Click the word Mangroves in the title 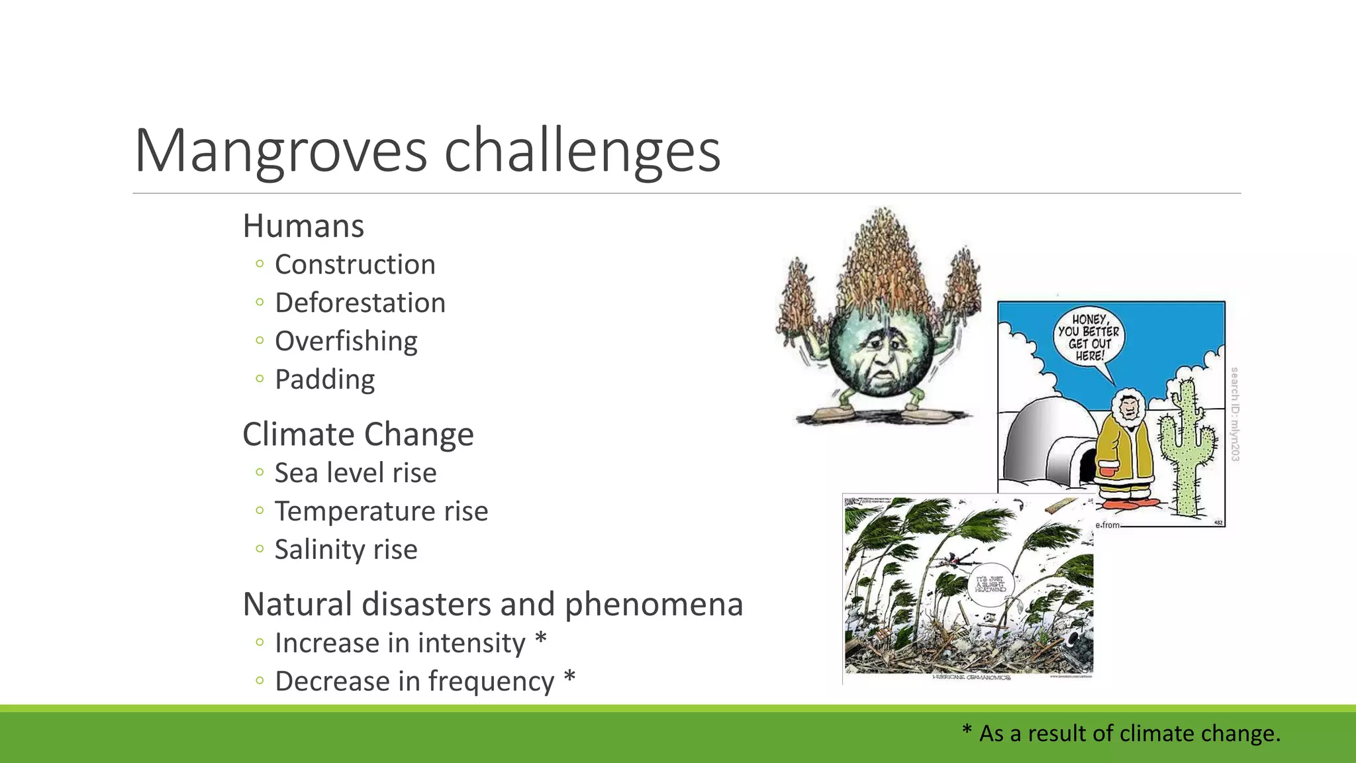click(281, 151)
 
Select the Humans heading click(303, 226)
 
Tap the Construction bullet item click(355, 264)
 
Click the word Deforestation click(360, 303)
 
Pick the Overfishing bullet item click(346, 341)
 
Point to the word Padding click(325, 380)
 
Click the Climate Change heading click(358, 434)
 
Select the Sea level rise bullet click(356, 473)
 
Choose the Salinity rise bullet click(346, 550)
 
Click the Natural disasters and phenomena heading click(493, 604)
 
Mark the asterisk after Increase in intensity click(541, 640)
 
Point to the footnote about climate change click(1121, 733)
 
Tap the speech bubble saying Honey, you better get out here click(1088, 338)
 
